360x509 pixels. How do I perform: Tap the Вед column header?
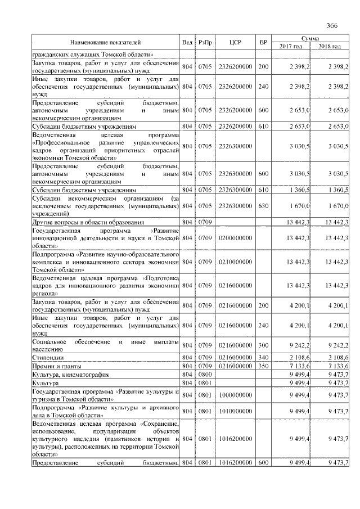click(x=187, y=42)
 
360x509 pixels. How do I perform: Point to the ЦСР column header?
click(x=236, y=42)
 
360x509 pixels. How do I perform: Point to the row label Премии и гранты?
click(x=56, y=366)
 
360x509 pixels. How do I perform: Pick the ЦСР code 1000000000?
click(x=236, y=395)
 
